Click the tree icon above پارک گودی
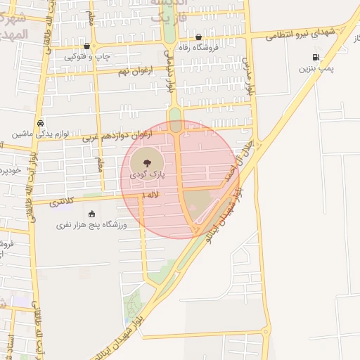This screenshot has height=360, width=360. tap(146, 162)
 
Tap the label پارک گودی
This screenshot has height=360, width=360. tap(146, 173)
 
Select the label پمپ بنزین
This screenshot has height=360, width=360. tap(316, 69)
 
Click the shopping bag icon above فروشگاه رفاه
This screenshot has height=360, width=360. tap(199, 37)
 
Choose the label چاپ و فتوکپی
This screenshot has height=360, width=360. tap(87, 56)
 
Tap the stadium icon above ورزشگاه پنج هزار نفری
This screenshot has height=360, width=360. tap(91, 214)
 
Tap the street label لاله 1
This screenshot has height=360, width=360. tap(150, 193)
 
